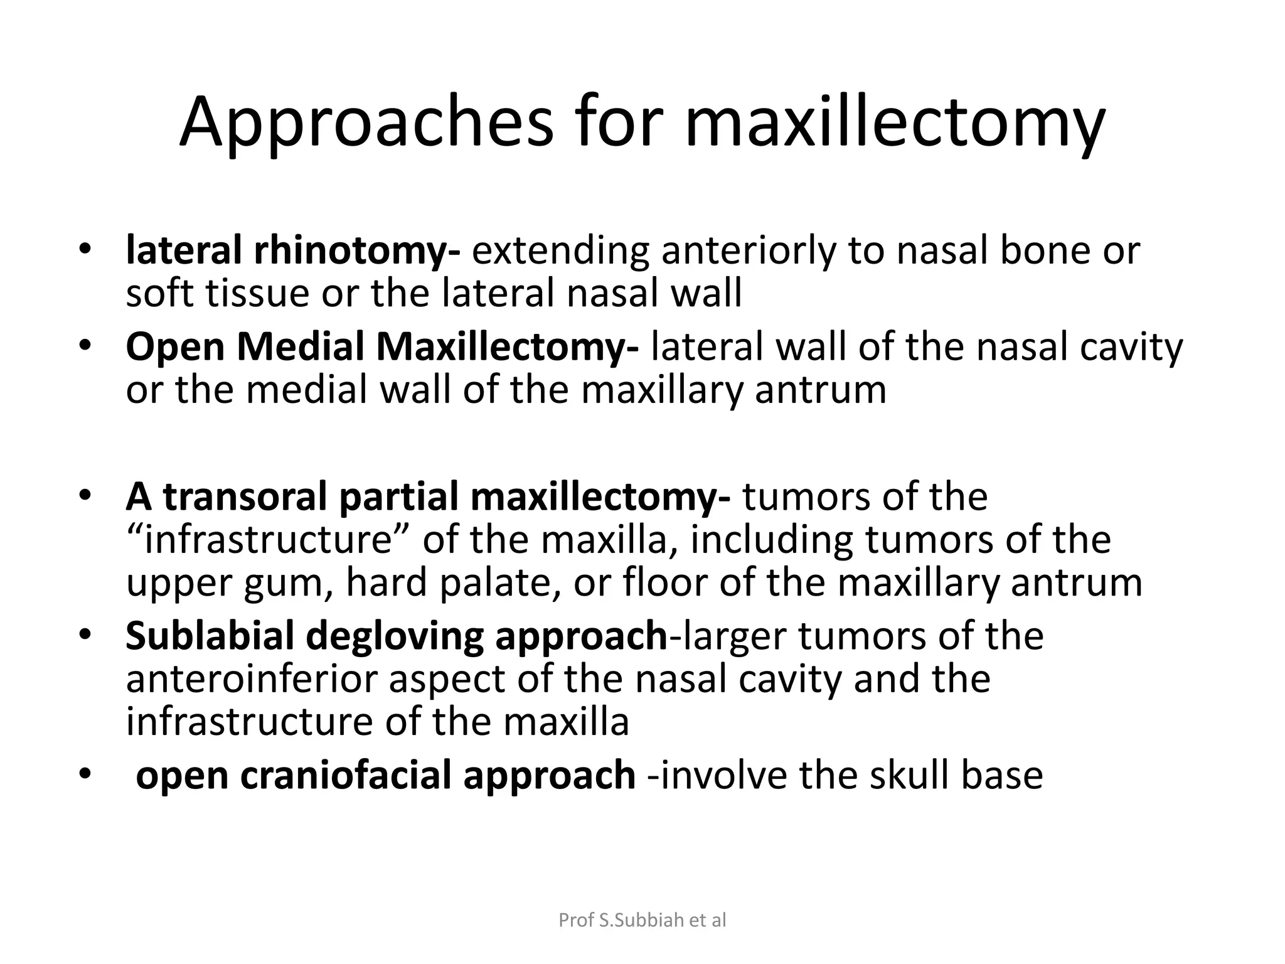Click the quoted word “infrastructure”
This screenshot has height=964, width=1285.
click(267, 540)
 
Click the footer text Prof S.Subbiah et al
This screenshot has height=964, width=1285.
click(642, 921)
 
